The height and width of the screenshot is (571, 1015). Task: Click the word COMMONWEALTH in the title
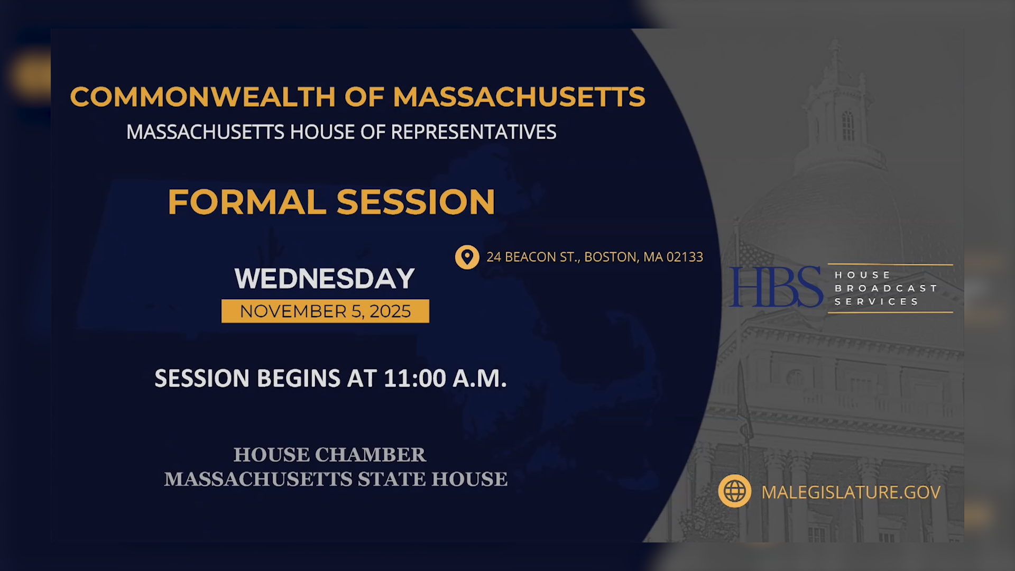pos(203,97)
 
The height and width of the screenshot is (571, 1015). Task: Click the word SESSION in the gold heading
pos(416,202)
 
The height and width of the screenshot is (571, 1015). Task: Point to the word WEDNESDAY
pos(325,279)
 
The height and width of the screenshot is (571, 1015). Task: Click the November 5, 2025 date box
pos(325,311)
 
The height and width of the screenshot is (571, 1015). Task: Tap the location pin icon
pos(467,257)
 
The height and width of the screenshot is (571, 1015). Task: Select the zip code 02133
pos(685,257)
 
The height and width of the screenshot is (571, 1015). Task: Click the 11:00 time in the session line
pos(415,379)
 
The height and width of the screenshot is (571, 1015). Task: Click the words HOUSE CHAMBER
pos(329,455)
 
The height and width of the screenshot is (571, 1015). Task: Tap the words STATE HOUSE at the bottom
pos(432,479)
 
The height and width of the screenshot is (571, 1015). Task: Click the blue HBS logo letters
pos(776,287)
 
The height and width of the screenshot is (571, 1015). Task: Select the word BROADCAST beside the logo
pos(886,288)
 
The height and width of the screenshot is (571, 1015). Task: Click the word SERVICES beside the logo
pos(876,302)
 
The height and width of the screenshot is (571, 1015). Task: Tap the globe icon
pos(734,492)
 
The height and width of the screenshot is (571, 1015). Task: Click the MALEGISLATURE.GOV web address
pos(851,492)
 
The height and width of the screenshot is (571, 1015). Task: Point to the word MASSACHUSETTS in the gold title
pos(519,97)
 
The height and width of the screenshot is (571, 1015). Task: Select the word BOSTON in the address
pos(611,257)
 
